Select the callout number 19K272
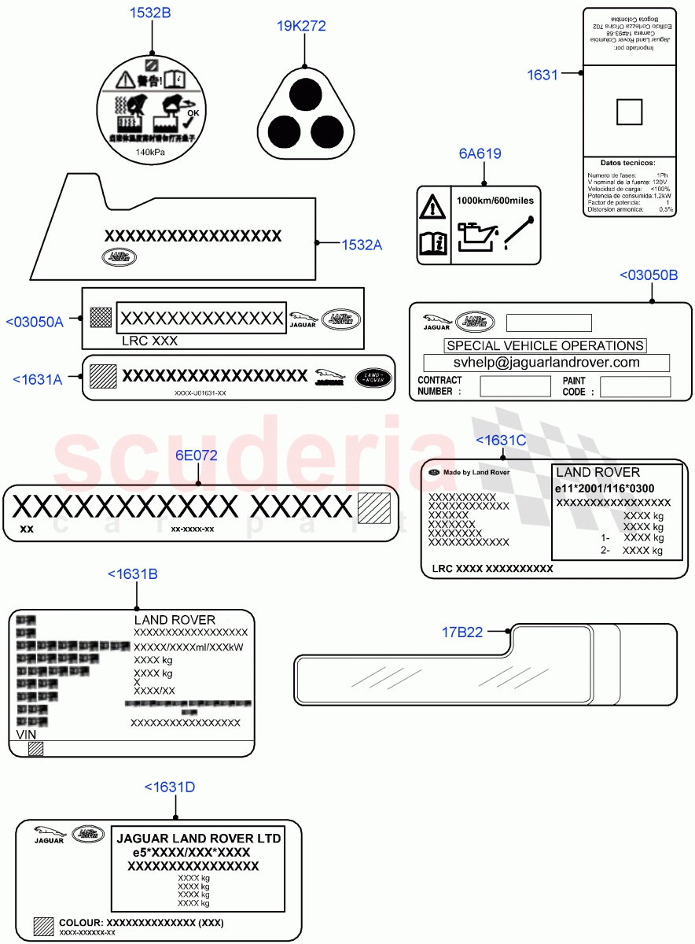click(x=301, y=26)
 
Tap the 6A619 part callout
click(x=480, y=154)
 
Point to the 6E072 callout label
click(x=196, y=455)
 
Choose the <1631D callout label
click(x=170, y=787)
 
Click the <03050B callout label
click(x=649, y=275)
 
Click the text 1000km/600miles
click(x=495, y=201)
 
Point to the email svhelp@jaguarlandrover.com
click(x=546, y=363)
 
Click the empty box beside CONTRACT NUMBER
click(x=515, y=386)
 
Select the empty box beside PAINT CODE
click(x=634, y=386)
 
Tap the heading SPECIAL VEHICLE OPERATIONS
click(x=545, y=345)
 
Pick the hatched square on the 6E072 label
click(x=373, y=508)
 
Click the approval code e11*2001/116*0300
click(x=605, y=489)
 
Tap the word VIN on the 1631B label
click(x=27, y=734)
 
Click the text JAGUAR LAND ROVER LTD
click(x=198, y=839)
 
